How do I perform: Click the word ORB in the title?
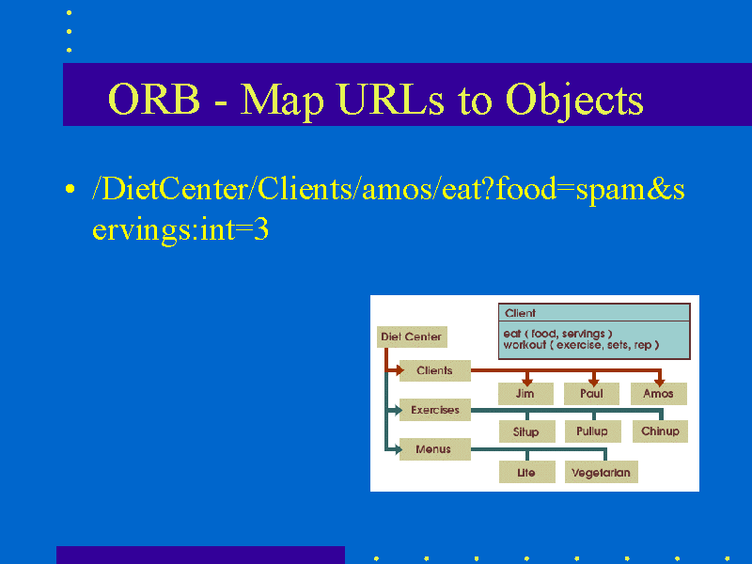(154, 99)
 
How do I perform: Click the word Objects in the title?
(574, 102)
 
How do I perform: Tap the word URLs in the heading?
(391, 99)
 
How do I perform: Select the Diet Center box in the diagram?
(412, 337)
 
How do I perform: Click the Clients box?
(434, 370)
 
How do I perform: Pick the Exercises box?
(434, 410)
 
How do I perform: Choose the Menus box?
(434, 449)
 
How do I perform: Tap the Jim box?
(525, 394)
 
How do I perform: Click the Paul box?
(591, 394)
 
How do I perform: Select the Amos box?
(659, 394)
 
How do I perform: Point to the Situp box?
(526, 431)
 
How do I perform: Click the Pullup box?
(592, 431)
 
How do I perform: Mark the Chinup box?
(660, 431)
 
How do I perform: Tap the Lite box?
(526, 473)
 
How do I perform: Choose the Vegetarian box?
(602, 473)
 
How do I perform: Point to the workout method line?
(581, 345)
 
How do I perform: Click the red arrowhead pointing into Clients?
(400, 370)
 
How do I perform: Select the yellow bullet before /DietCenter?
(70, 189)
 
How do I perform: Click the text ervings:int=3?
(180, 229)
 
